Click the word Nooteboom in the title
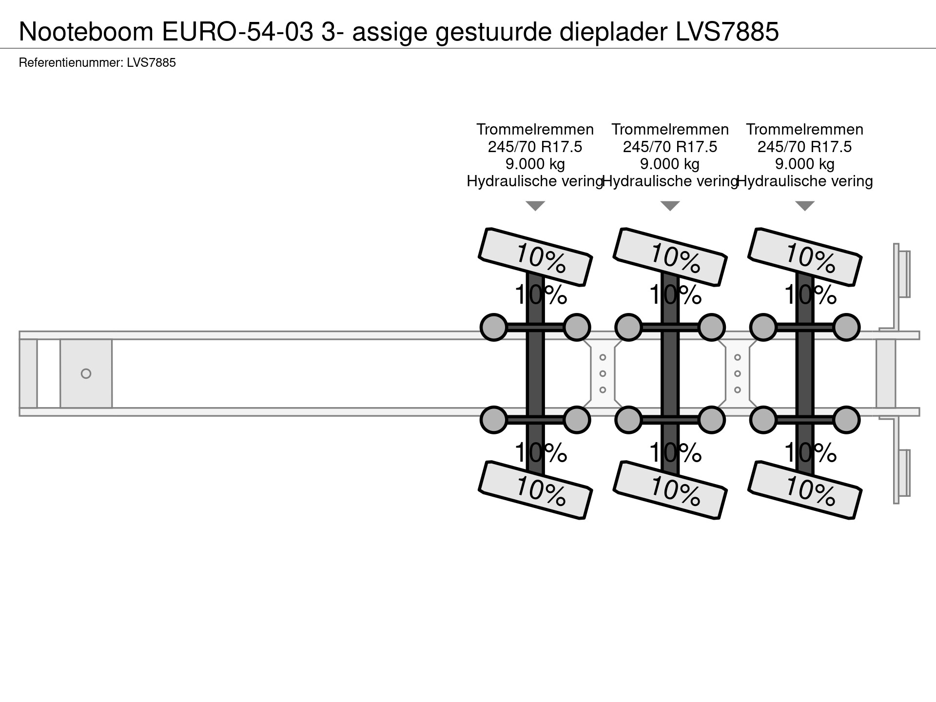click(x=86, y=32)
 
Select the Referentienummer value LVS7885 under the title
click(x=151, y=63)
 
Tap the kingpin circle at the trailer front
click(x=86, y=374)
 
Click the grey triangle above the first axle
click(x=535, y=206)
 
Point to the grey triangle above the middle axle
click(x=670, y=206)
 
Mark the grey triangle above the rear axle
click(x=805, y=206)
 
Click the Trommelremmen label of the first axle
click(x=535, y=130)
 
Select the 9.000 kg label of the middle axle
click(x=670, y=164)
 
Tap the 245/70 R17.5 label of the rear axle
click(x=804, y=147)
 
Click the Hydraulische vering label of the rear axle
click(x=804, y=182)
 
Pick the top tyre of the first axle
click(x=535, y=256)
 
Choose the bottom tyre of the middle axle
click(x=670, y=489)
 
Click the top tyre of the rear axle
click(x=805, y=256)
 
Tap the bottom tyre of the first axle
click(x=535, y=489)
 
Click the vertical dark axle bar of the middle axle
click(x=670, y=373)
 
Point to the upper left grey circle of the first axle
click(x=494, y=327)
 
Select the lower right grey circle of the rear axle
click(x=846, y=420)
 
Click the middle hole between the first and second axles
click(x=603, y=374)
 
